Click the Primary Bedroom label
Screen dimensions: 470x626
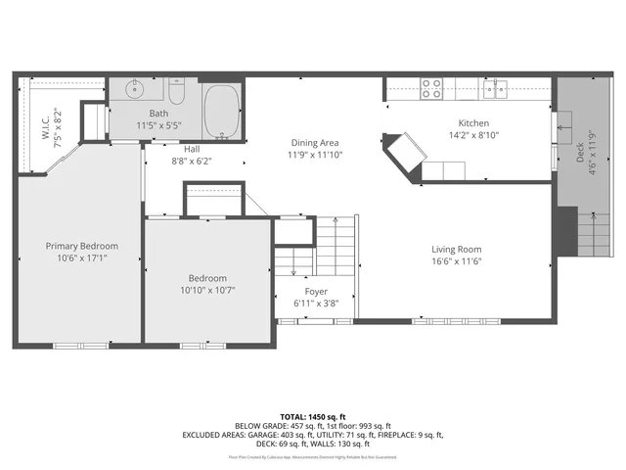click(81, 246)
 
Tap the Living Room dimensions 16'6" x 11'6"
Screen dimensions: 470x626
click(457, 261)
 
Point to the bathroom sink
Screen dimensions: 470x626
click(135, 91)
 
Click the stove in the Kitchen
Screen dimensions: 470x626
click(431, 88)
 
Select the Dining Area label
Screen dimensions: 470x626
click(315, 142)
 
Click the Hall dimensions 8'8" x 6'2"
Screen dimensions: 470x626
click(192, 162)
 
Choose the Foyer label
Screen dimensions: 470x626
click(316, 292)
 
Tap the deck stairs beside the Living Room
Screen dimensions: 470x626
click(591, 235)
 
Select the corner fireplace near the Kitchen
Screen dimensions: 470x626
click(404, 154)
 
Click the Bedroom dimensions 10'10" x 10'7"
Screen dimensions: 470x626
click(207, 290)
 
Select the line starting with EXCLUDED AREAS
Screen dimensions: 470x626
click(311, 435)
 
